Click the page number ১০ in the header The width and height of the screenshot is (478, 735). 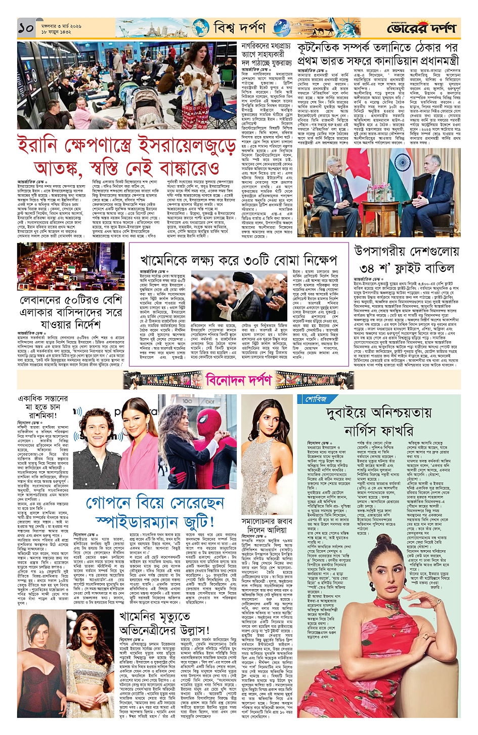(25, 28)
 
